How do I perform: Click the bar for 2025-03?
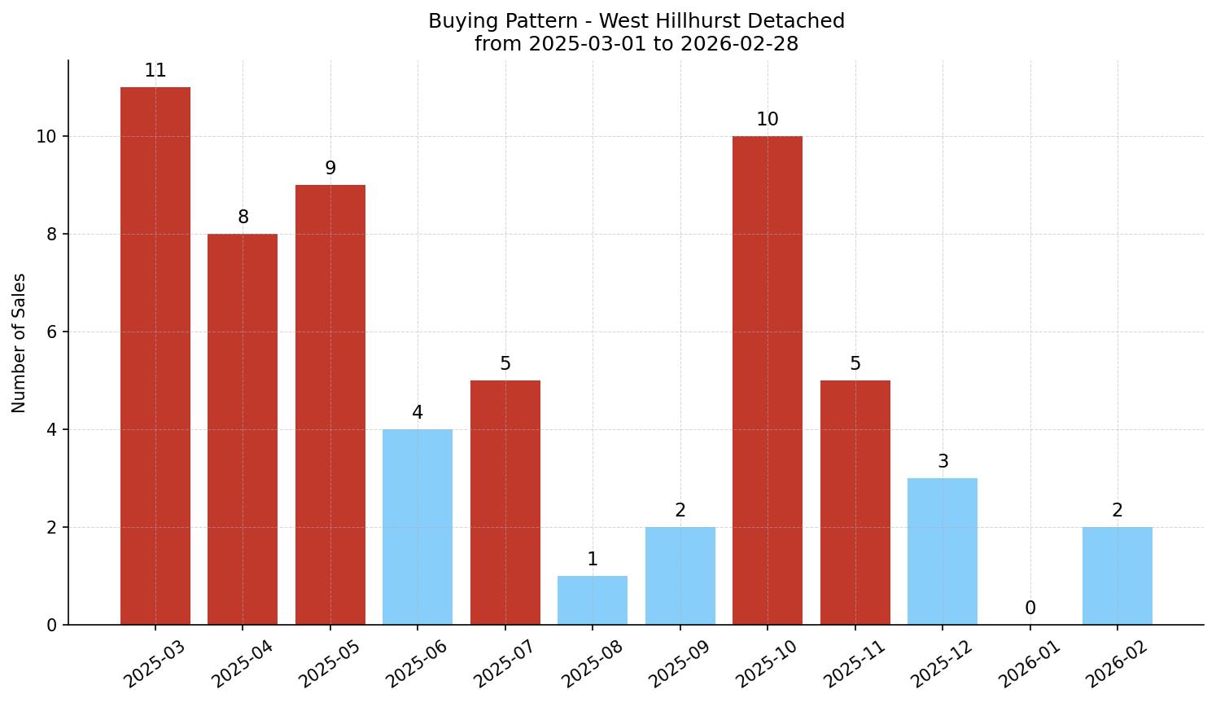[155, 356]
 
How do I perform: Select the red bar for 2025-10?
[768, 380]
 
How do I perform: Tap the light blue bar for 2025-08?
[593, 600]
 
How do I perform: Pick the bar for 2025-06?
[418, 527]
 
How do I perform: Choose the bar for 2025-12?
[943, 551]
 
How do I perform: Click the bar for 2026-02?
[1118, 576]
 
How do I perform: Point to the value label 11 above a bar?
[155, 71]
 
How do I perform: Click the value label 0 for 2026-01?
[1030, 609]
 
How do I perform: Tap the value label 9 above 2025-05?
[330, 169]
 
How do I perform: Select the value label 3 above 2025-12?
[943, 462]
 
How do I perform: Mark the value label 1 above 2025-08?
[593, 560]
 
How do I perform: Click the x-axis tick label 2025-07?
[503, 664]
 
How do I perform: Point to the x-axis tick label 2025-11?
[853, 664]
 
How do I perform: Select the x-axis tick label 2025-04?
[241, 664]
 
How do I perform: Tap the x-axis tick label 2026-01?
[1028, 664]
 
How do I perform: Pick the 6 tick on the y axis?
[51, 332]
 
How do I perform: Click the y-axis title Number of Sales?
[20, 343]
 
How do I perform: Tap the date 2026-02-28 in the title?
[739, 44]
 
